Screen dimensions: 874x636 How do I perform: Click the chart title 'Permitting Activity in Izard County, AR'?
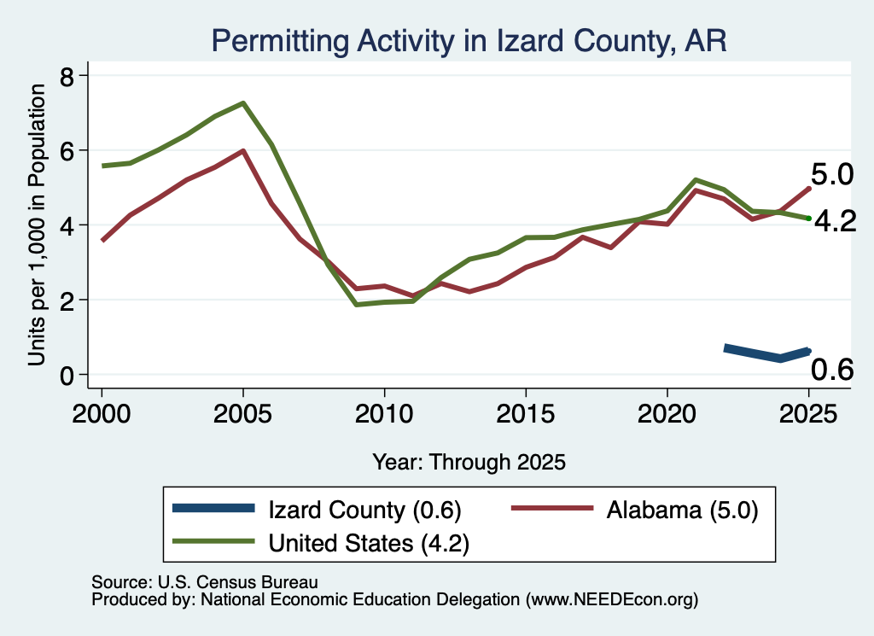click(x=469, y=41)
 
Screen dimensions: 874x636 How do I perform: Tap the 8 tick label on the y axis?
click(x=67, y=76)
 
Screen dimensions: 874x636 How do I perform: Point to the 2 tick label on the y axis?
click(x=67, y=301)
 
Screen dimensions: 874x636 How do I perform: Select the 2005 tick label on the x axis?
click(x=242, y=414)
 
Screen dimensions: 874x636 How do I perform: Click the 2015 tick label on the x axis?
click(x=526, y=414)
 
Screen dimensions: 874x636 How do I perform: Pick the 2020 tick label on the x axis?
click(x=667, y=414)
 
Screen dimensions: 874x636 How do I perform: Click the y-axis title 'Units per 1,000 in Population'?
click(x=37, y=225)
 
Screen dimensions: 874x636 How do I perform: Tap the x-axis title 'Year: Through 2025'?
click(x=469, y=462)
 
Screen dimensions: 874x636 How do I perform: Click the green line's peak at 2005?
click(x=243, y=103)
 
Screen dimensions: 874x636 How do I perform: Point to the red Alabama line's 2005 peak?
click(x=243, y=150)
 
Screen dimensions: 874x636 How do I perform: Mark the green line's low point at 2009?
click(x=356, y=305)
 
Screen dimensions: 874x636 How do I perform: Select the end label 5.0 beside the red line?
click(x=831, y=174)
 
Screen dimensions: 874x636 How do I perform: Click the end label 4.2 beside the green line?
click(x=835, y=221)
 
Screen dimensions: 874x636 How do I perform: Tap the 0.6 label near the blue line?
click(x=831, y=370)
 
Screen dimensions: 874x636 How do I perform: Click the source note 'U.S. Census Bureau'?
click(x=238, y=582)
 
